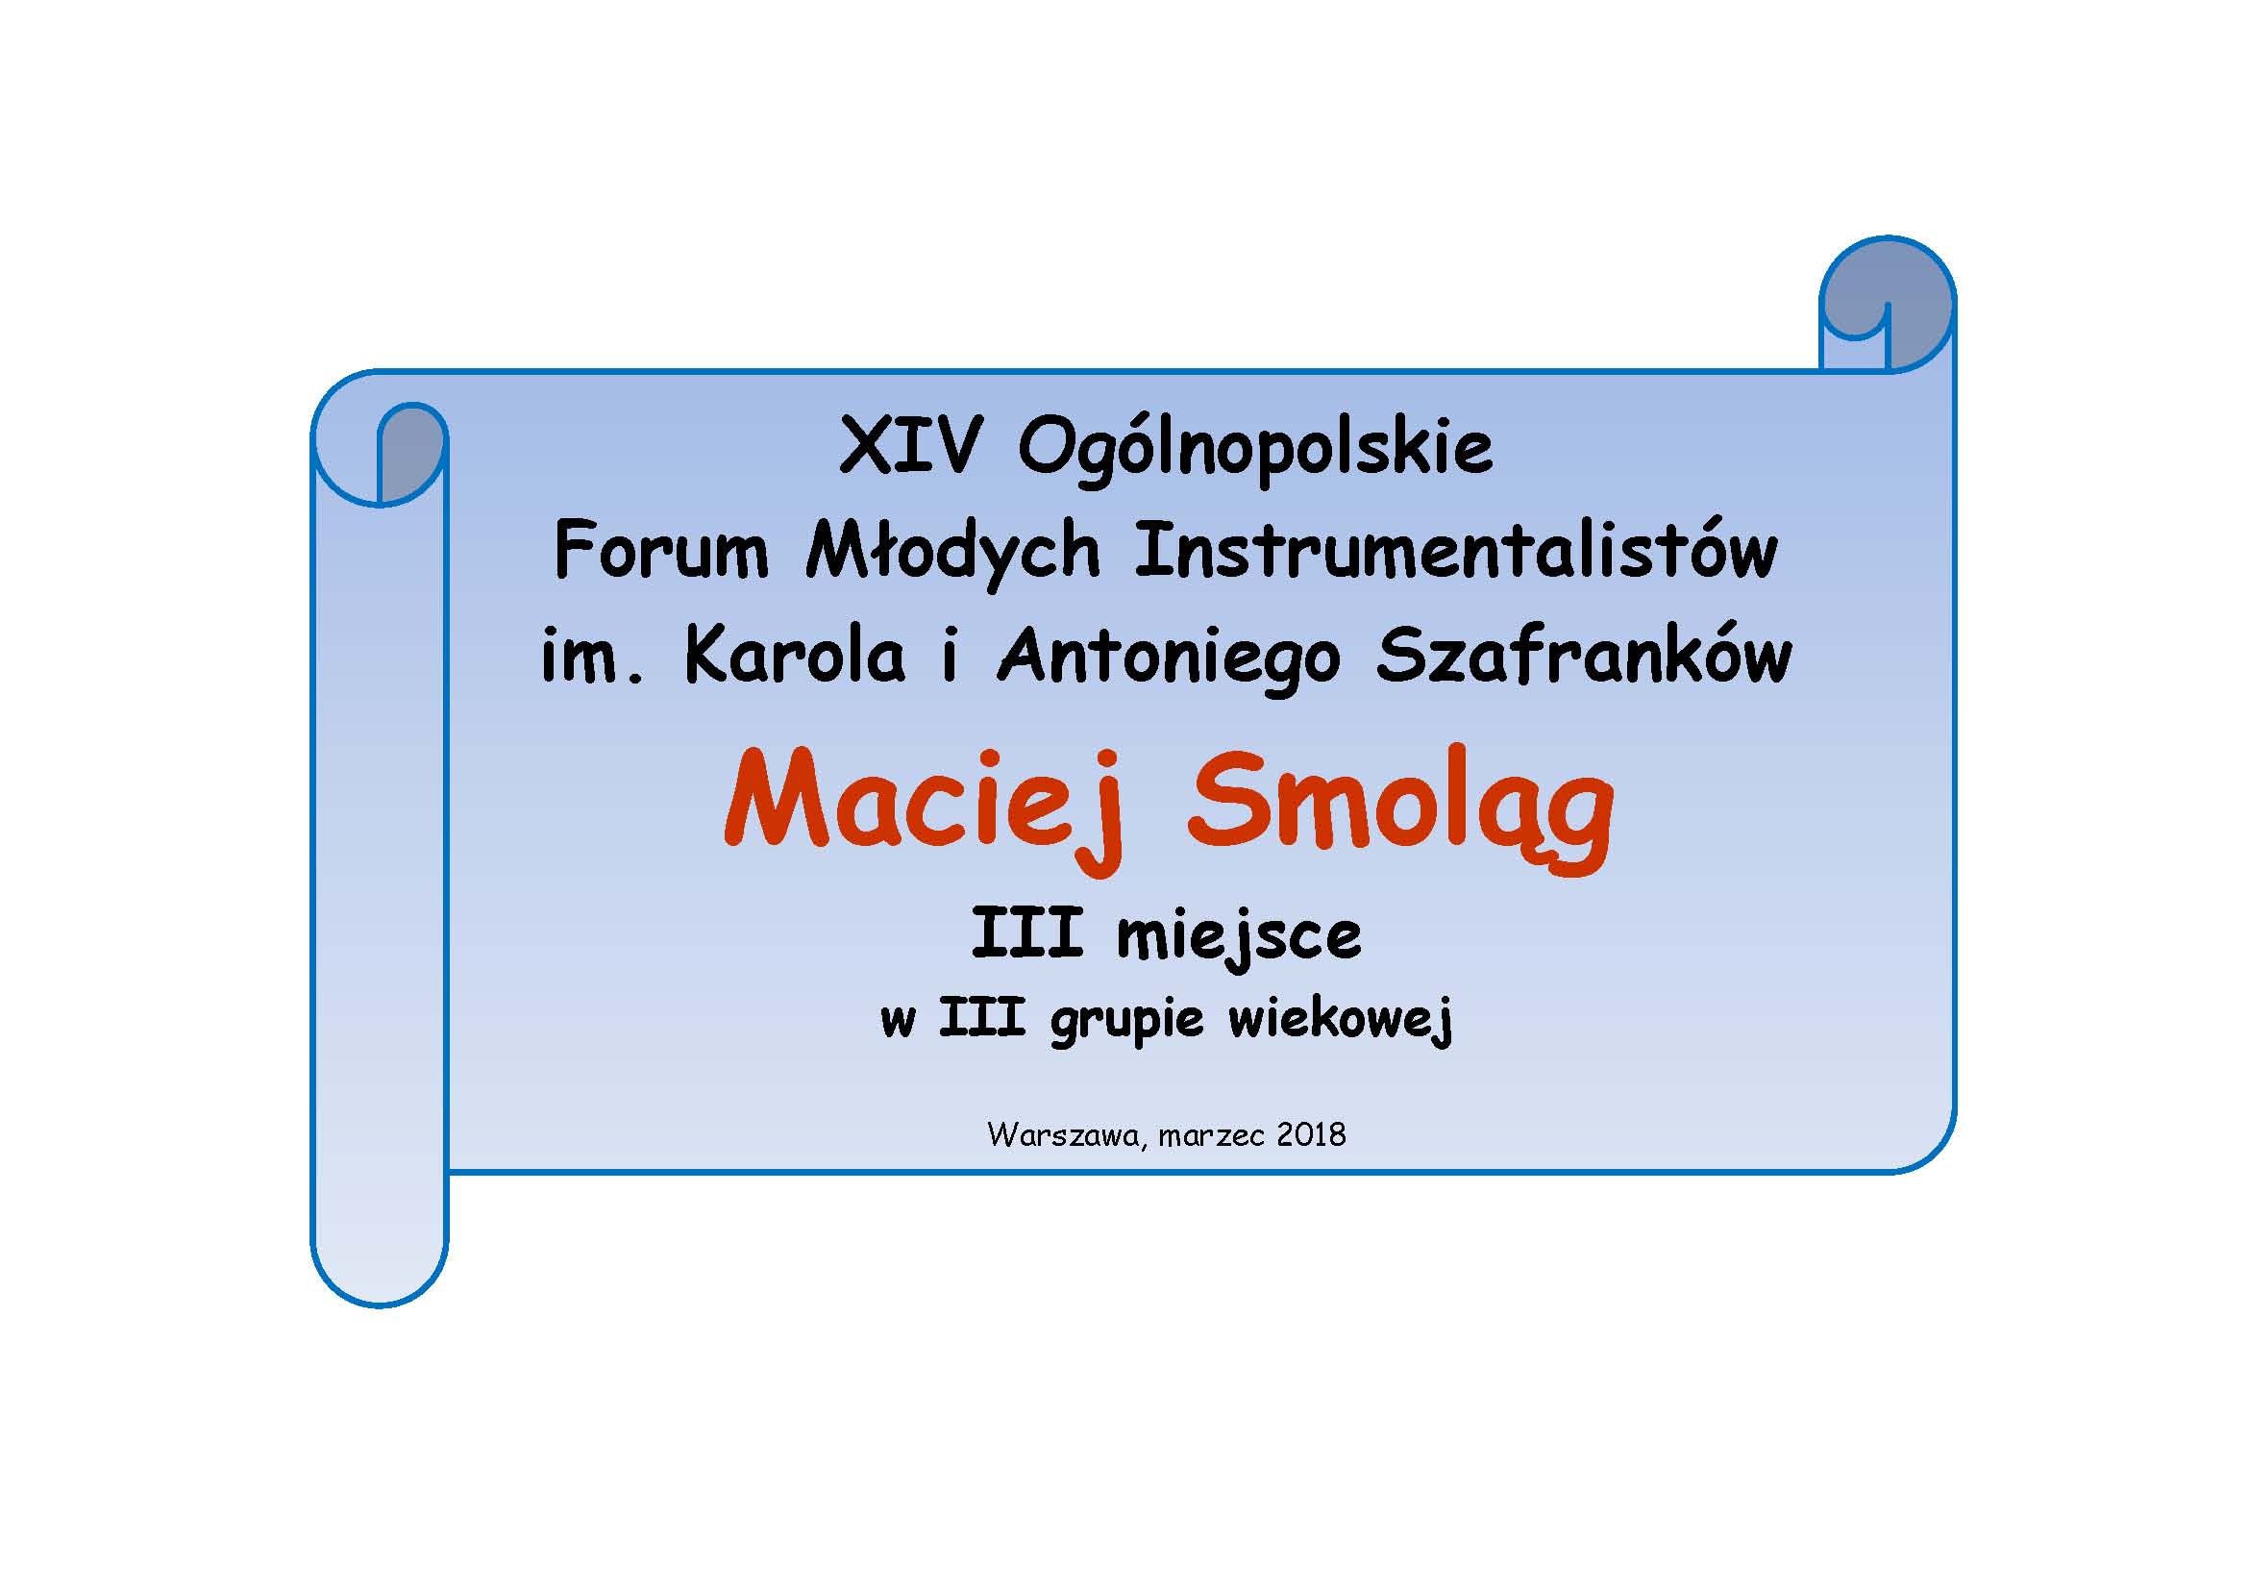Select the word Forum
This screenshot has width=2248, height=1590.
(x=661, y=550)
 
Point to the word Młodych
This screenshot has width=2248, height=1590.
(x=952, y=554)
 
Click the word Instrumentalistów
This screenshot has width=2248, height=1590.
(x=1456, y=550)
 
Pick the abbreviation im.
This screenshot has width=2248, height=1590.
(x=593, y=655)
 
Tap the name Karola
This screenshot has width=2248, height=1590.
(x=795, y=654)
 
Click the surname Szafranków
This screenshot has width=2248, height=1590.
(x=1584, y=654)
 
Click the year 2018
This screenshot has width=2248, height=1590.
(x=1311, y=1134)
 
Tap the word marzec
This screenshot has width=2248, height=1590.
(x=1211, y=1136)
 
